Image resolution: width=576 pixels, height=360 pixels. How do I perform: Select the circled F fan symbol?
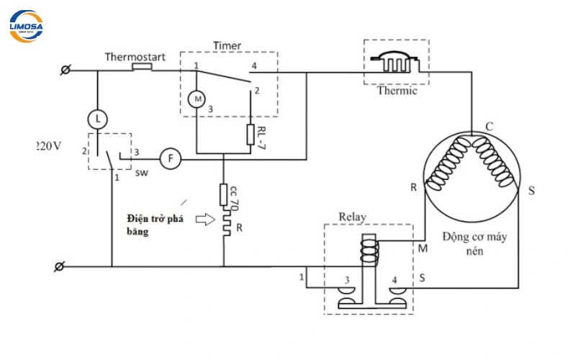coord(169,158)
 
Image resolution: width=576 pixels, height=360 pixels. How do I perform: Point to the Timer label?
coord(227,45)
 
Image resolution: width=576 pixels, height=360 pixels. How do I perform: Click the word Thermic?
coord(397,91)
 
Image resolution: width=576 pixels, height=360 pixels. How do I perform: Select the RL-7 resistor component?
coord(251,135)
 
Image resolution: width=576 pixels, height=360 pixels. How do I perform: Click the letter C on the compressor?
coord(489,127)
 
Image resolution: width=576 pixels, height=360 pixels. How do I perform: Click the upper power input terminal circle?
coord(66,70)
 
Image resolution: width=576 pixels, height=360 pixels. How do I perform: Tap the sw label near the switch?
coord(138,173)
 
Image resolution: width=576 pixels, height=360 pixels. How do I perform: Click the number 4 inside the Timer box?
coord(253,67)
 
